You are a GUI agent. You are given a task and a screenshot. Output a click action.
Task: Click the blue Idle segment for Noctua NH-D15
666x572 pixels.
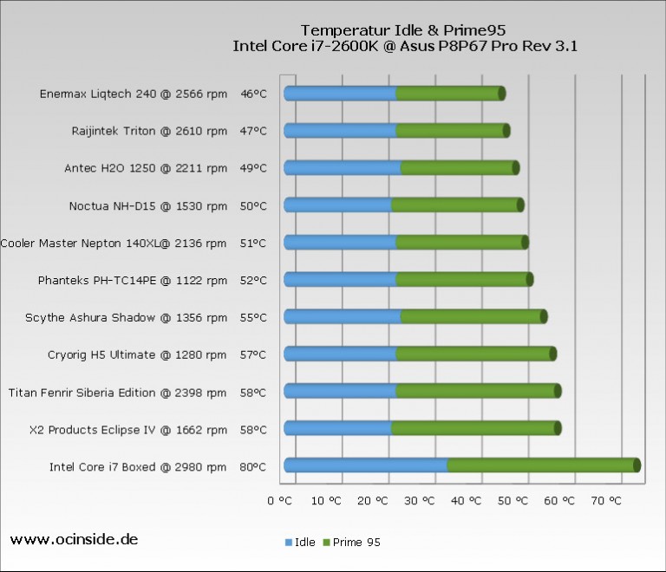pos(338,205)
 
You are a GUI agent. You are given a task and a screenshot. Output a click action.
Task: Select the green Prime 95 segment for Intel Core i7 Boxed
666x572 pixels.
pos(542,465)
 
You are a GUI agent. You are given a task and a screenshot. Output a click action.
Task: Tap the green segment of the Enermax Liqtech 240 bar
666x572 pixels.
pos(448,94)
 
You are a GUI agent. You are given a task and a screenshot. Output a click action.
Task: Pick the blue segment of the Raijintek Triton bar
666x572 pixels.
pos(341,131)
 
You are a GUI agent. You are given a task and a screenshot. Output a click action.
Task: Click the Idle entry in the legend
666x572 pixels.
pos(300,543)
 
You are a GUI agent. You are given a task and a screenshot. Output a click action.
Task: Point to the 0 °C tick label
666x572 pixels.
pos(283,500)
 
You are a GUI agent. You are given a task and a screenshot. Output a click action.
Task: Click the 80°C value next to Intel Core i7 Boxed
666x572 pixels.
pos(253,467)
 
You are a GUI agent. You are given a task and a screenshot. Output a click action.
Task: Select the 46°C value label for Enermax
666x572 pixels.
pos(253,94)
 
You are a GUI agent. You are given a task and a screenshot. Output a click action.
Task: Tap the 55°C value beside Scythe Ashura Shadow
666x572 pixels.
pos(253,318)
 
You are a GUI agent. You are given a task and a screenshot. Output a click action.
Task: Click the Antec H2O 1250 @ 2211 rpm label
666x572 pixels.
pos(146,168)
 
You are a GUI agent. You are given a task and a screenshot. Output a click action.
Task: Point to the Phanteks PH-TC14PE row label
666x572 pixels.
pos(133,281)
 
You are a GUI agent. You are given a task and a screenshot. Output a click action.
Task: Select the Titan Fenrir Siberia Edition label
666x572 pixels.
pos(118,393)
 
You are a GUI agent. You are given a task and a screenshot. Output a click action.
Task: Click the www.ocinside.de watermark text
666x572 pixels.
pos(74,539)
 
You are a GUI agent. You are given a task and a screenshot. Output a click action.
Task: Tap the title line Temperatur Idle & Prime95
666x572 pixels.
pos(404,29)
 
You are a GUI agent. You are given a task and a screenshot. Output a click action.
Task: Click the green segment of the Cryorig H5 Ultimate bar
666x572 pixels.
pos(473,354)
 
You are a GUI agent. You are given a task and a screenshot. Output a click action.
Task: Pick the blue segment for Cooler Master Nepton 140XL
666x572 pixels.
pos(341,243)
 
